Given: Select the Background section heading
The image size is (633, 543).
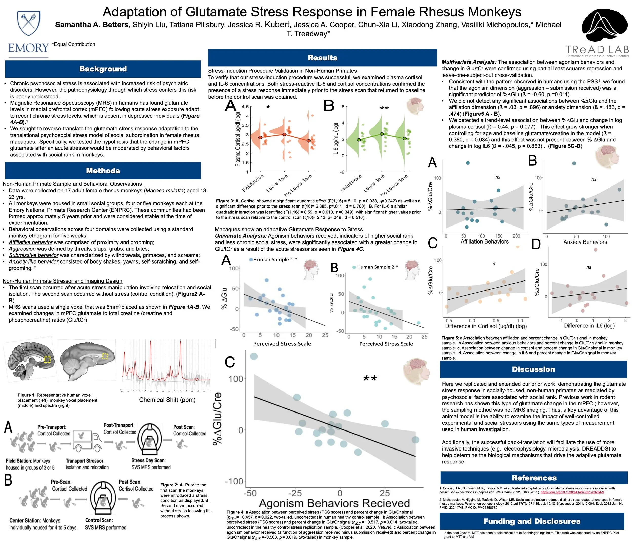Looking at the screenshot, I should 103,69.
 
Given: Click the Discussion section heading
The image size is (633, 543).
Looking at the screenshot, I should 533,369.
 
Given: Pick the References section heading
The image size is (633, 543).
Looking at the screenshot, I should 534,478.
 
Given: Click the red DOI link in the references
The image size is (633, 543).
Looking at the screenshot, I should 572,493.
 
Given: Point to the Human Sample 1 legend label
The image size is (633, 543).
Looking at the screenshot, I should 273,259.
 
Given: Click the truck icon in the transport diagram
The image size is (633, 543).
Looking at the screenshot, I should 87,441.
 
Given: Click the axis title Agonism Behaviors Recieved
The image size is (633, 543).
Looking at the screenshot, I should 334,503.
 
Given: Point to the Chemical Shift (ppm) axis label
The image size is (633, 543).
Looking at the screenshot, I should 167,400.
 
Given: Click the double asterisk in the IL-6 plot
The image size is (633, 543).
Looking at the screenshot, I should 384,109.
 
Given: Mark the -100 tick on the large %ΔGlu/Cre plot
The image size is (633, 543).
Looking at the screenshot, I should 234,481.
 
